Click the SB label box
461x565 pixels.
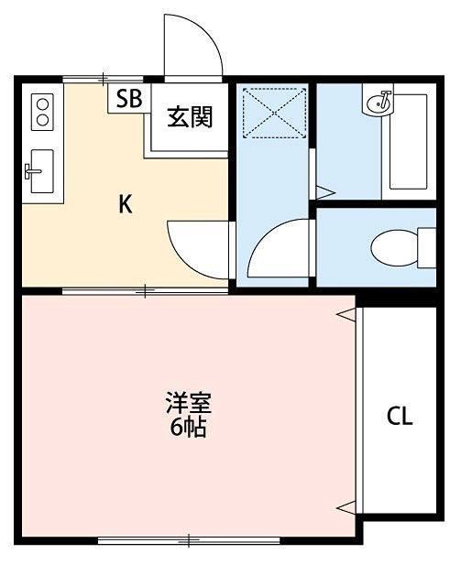click(128, 99)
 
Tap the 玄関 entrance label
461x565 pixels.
click(190, 117)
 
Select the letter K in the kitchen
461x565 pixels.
click(125, 204)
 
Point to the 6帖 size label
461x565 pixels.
click(187, 427)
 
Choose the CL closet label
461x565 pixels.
click(399, 418)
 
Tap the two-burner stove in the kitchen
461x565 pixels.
click(41, 113)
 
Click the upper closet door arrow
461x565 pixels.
click(345, 314)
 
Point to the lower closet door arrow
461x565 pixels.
click(345, 505)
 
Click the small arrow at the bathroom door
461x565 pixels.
click(323, 191)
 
